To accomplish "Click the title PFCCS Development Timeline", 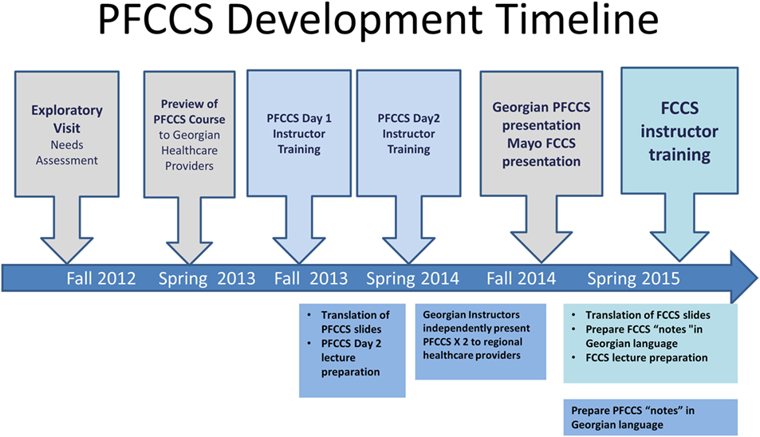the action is tap(379, 20).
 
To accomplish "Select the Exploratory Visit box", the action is tap(67, 134).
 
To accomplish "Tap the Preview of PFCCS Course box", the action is tap(190, 134).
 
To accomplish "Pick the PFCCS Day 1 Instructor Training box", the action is tap(299, 133).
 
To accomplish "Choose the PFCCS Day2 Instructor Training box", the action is tap(408, 133).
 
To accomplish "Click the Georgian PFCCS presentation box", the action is tap(541, 134).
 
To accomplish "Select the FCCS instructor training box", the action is tap(679, 131).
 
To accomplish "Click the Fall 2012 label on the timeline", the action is tap(100, 278).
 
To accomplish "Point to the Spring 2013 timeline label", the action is tap(207, 278).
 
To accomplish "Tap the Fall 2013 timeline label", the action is tap(311, 278).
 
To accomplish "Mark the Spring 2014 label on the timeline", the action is tap(412, 278).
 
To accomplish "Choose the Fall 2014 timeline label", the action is tap(521, 278).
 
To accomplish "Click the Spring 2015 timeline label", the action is tap(633, 278).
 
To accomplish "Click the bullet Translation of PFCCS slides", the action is tap(350, 322).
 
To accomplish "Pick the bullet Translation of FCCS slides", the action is tap(642, 316).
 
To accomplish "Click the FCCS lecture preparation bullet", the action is tap(640, 358).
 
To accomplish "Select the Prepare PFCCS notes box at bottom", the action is tap(651, 417).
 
